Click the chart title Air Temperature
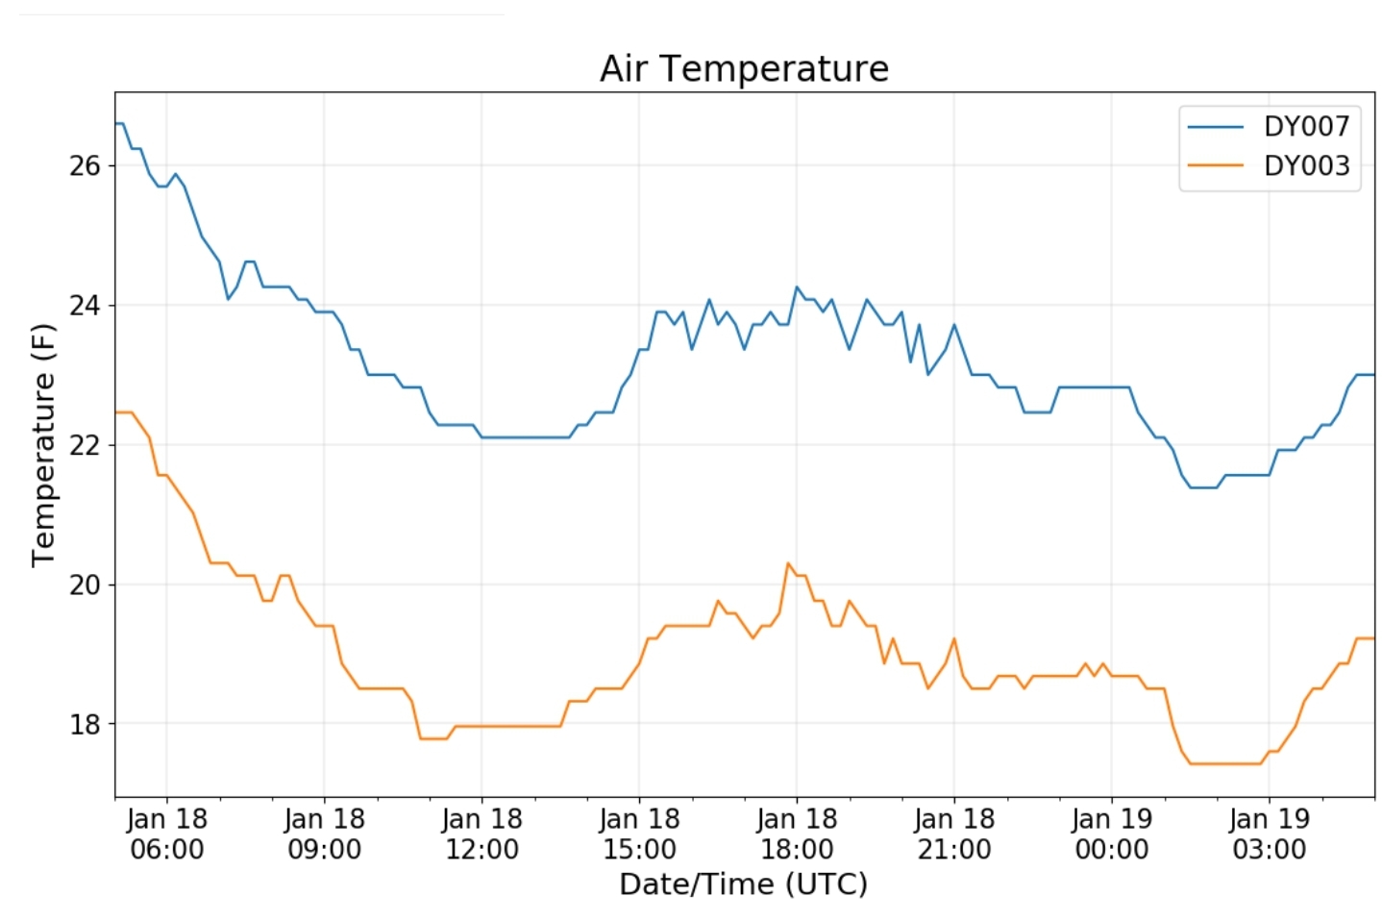pyautogui.click(x=744, y=68)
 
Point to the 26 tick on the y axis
pyautogui.click(x=85, y=166)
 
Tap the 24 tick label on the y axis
pyautogui.click(x=85, y=306)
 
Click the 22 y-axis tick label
pyautogui.click(x=85, y=445)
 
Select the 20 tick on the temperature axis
pyautogui.click(x=85, y=585)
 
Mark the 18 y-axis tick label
pyautogui.click(x=85, y=724)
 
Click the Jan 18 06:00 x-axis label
pyautogui.click(x=167, y=834)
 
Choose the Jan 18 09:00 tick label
pyautogui.click(x=325, y=834)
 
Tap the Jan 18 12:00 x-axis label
pyautogui.click(x=481, y=834)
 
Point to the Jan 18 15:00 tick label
pyautogui.click(x=639, y=834)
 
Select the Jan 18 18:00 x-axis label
pyautogui.click(x=797, y=834)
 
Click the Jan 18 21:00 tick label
pyautogui.click(x=954, y=834)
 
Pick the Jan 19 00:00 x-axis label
pyautogui.click(x=1112, y=834)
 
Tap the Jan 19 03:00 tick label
pyautogui.click(x=1270, y=834)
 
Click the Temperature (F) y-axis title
pyautogui.click(x=43, y=445)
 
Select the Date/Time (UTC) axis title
pyautogui.click(x=744, y=884)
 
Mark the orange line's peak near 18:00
pyautogui.click(x=788, y=563)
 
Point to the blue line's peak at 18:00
pyautogui.click(x=797, y=286)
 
